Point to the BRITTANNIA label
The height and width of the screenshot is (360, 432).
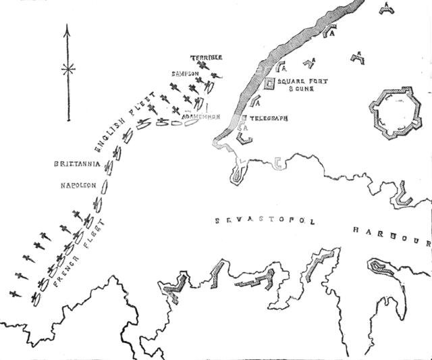tap(78, 163)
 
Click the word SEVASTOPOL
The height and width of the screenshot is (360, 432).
tap(264, 221)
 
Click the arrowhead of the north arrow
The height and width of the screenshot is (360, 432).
tap(67, 29)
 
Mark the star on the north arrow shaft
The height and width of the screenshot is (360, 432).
tap(67, 69)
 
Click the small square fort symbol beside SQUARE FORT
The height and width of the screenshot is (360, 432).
tap(269, 83)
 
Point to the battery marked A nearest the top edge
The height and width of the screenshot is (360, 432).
tap(385, 6)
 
